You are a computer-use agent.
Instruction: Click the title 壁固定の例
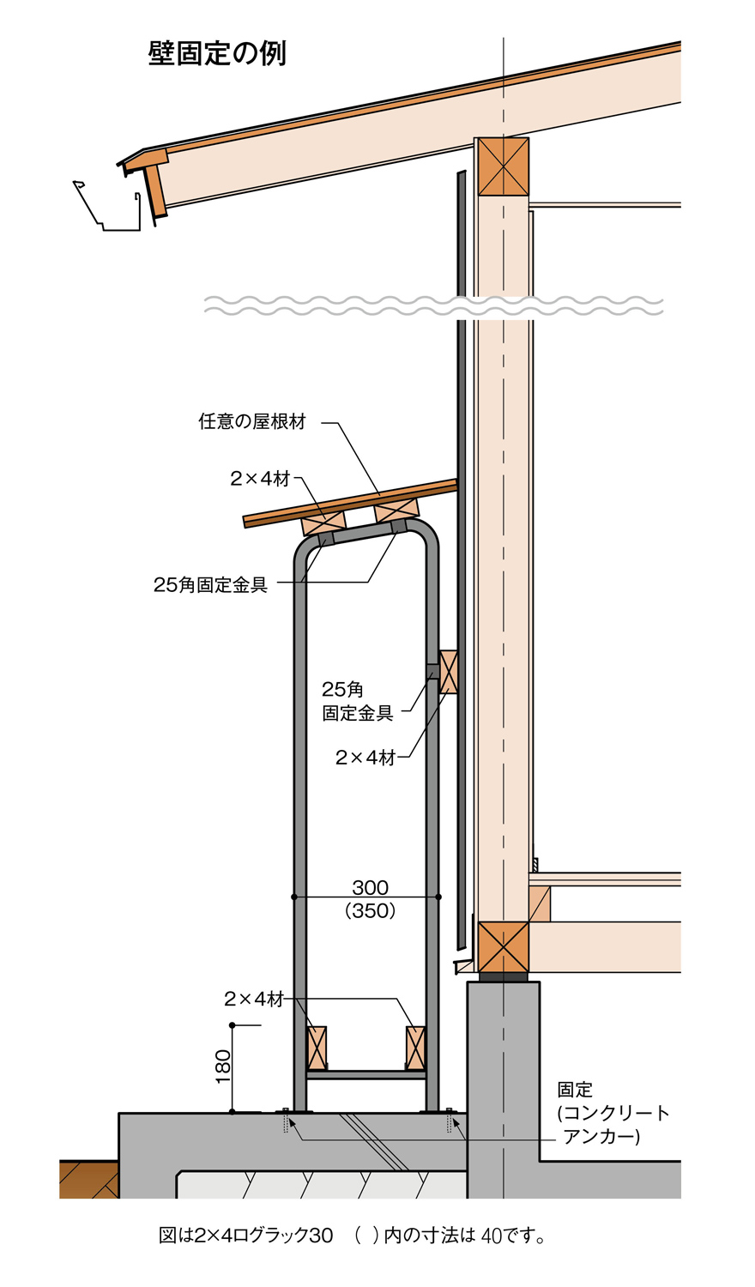217,53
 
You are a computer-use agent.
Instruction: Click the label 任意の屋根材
252,422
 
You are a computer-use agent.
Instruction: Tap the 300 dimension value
370,887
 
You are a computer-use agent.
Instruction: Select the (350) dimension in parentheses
370,910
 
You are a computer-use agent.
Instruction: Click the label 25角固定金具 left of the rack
210,585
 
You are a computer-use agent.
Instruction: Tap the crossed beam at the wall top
503,166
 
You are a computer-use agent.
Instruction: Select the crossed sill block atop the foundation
503,947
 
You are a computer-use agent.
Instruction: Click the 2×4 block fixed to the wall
448,672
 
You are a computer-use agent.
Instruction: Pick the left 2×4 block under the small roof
323,522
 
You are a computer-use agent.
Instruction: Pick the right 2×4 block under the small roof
396,510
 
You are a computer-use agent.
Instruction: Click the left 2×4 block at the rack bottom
317,1048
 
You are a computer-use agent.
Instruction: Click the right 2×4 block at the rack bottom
416,1048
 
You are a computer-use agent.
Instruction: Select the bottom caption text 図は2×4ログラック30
246,1236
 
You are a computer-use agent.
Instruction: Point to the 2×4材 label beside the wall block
365,758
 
